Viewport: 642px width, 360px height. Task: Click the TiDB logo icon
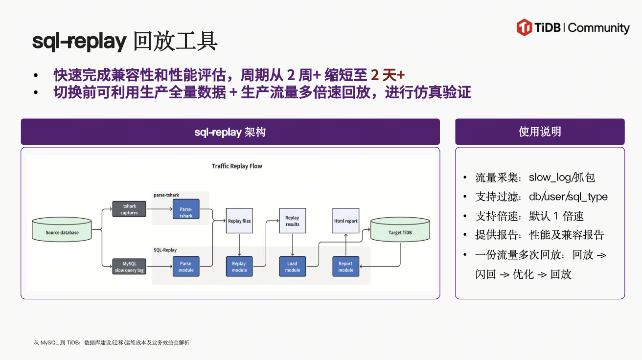[x=524, y=27]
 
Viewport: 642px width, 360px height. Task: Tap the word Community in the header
[x=599, y=28]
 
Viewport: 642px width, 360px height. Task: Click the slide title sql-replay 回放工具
[x=125, y=42]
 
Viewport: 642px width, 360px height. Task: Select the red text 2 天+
[x=388, y=75]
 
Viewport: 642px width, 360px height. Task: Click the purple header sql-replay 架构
[x=230, y=132]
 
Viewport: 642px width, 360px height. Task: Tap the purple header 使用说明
[x=540, y=132]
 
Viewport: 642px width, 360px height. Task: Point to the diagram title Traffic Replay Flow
[x=237, y=166]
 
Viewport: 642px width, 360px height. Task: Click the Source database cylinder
[x=62, y=230]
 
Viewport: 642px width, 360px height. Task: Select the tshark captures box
[x=129, y=209]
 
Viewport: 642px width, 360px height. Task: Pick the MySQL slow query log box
[x=129, y=267]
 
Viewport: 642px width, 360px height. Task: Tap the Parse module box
[x=186, y=267]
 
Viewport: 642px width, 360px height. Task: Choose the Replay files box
[x=239, y=221]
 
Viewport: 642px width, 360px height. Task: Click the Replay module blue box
[x=239, y=267]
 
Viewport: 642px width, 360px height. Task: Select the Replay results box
[x=292, y=221]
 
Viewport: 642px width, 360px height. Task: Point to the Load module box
[x=292, y=267]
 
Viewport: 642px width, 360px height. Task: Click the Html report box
[x=345, y=221]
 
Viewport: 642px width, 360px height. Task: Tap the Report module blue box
[x=345, y=267]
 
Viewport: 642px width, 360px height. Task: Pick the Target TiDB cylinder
[x=400, y=230]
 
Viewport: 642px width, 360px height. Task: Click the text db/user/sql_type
[x=568, y=197]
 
